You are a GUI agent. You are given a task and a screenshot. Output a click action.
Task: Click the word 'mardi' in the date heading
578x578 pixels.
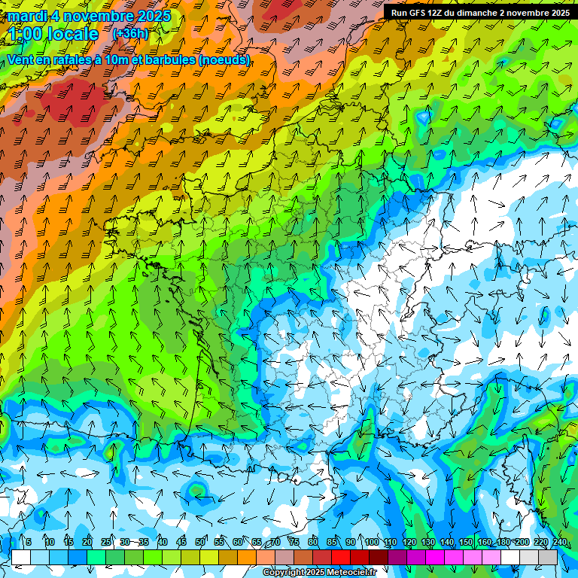pyautogui.click(x=28, y=16)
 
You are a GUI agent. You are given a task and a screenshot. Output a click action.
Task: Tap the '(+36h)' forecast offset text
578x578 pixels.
pyautogui.click(x=130, y=33)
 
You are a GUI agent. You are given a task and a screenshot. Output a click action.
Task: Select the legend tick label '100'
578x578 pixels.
pyautogui.click(x=371, y=542)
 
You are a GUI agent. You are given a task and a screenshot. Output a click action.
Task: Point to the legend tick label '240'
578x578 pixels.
pyautogui.click(x=559, y=542)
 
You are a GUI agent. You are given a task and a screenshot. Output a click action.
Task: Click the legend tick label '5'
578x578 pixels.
pyautogui.click(x=29, y=542)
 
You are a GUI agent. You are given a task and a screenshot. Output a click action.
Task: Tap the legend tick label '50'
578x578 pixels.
pyautogui.click(x=200, y=542)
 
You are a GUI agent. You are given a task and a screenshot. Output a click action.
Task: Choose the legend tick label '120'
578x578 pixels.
pyautogui.click(x=409, y=542)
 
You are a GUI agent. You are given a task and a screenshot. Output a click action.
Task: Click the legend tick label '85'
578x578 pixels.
pyautogui.click(x=332, y=542)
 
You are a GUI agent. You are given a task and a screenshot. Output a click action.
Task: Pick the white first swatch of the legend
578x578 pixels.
pyautogui.click(x=21, y=558)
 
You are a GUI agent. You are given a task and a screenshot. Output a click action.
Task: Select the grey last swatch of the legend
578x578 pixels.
pyautogui.click(x=548, y=558)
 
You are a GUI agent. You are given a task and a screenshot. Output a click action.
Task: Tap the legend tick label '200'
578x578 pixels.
pyautogui.click(x=522, y=542)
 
